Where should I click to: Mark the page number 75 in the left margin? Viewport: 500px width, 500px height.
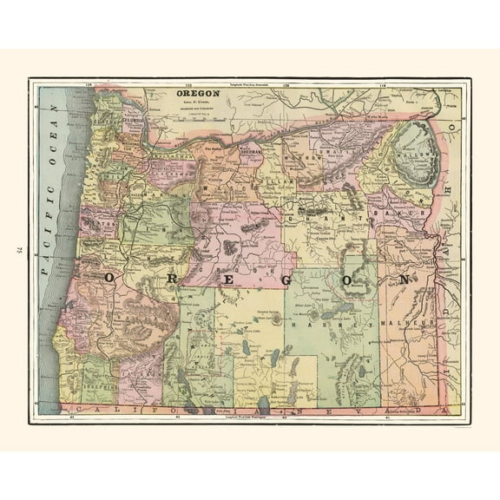pos(16,251)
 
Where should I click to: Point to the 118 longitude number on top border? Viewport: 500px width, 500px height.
pos(383,83)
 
